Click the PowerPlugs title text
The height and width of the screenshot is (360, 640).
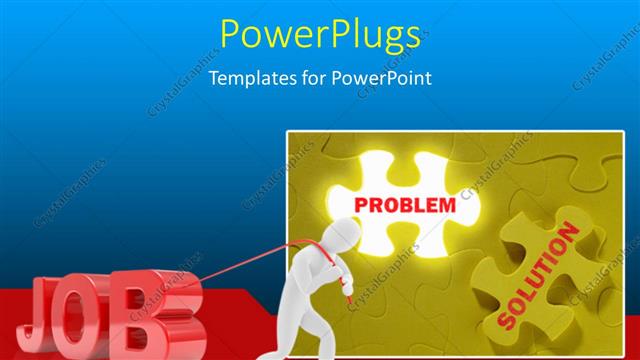(319, 35)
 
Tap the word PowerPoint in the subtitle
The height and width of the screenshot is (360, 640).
(384, 78)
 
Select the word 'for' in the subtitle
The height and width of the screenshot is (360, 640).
(314, 78)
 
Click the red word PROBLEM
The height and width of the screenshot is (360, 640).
(405, 205)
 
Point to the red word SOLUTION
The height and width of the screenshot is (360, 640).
(538, 279)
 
